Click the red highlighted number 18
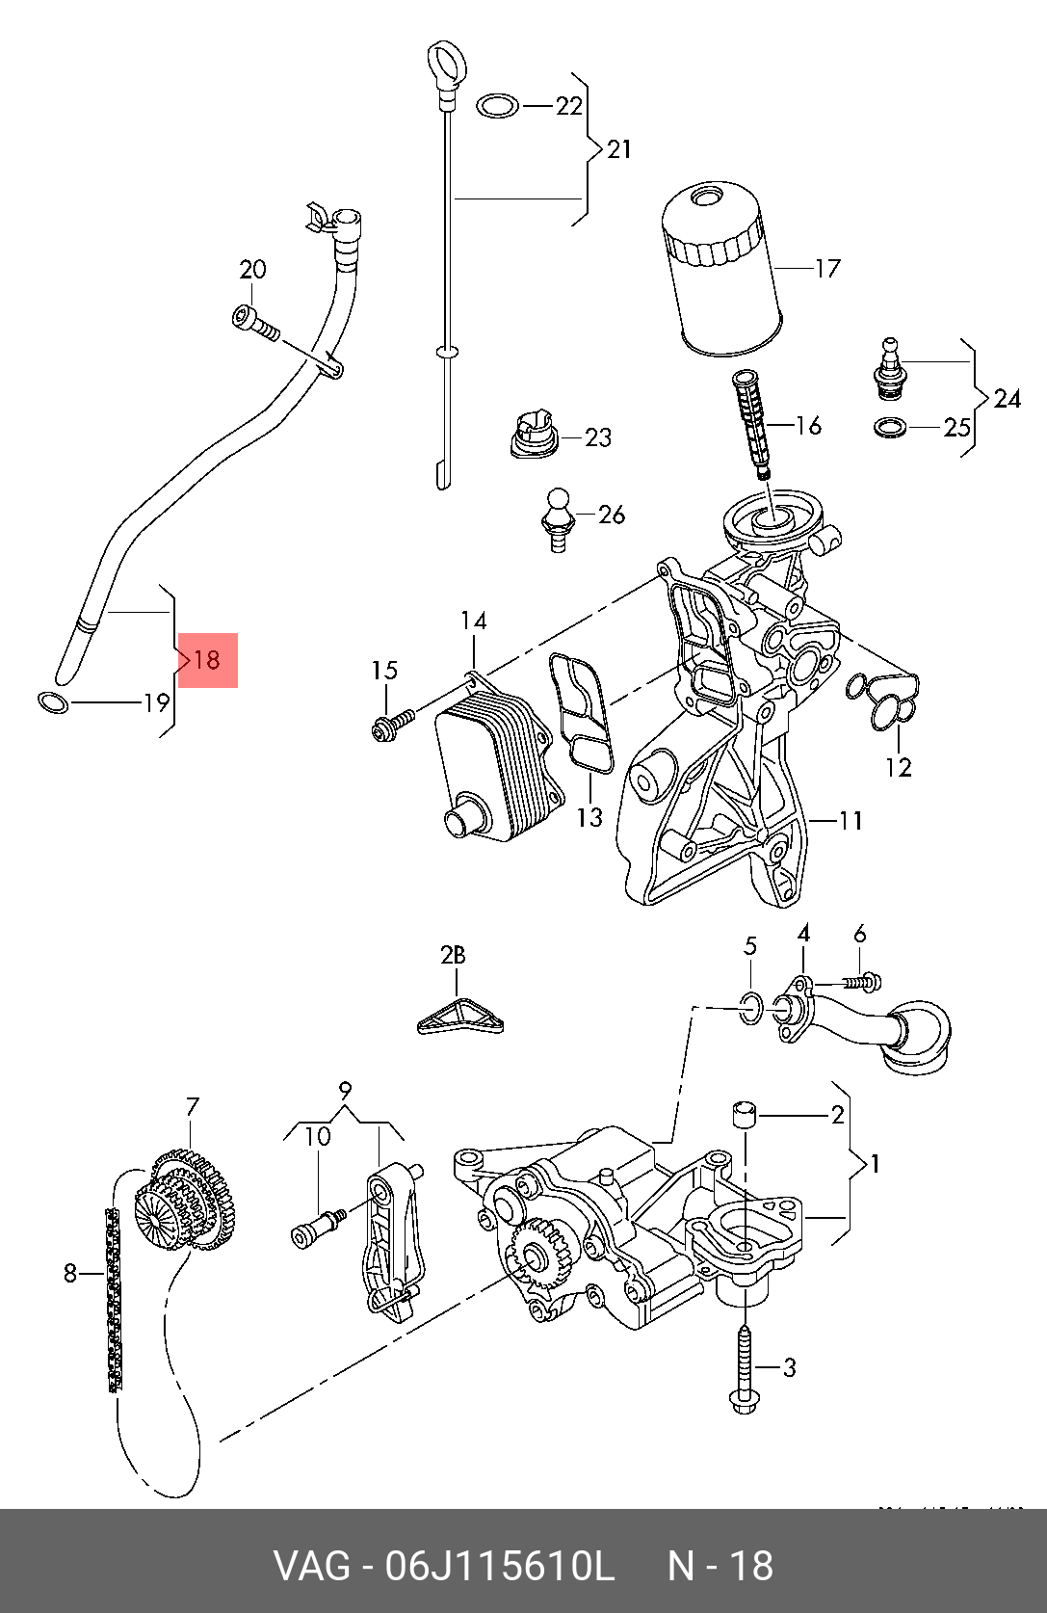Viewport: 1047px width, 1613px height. (x=206, y=660)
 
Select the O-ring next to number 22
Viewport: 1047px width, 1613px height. (x=498, y=106)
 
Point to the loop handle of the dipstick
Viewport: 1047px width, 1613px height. (x=446, y=65)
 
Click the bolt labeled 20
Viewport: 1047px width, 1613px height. (x=255, y=323)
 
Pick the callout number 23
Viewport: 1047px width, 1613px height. (x=598, y=437)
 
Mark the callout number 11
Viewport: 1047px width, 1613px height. (x=850, y=821)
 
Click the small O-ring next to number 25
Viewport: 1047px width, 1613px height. (x=890, y=426)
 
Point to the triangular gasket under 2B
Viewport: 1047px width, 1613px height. (x=459, y=1018)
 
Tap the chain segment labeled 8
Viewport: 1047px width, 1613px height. (x=115, y=1301)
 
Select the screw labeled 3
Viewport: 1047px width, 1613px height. (x=744, y=1368)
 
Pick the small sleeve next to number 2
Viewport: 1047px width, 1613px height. (x=744, y=1116)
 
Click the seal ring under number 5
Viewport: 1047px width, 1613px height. (x=752, y=1008)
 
